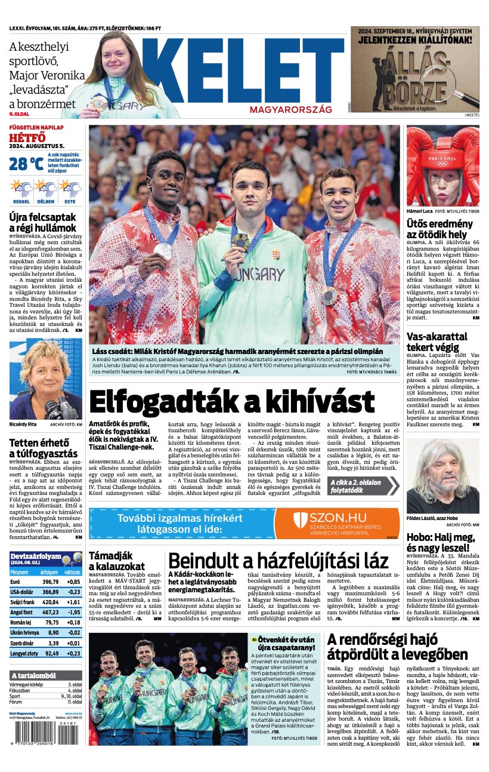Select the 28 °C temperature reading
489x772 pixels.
click(x=26, y=164)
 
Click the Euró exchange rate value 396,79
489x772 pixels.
click(x=51, y=582)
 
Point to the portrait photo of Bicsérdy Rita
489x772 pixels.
click(x=45, y=380)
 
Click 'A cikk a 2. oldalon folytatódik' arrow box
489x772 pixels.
click(x=363, y=485)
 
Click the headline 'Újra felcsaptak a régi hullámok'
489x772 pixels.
click(x=43, y=222)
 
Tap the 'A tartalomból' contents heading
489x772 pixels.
click(x=33, y=675)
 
